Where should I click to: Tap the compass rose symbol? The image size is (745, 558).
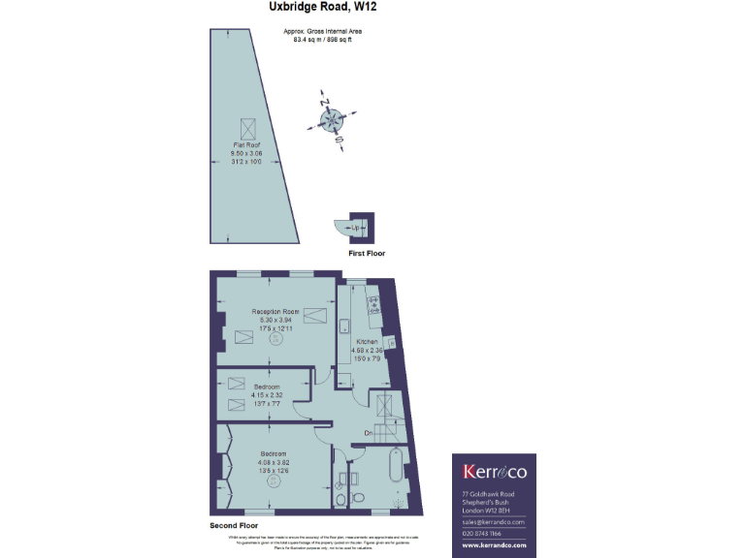pos(332,120)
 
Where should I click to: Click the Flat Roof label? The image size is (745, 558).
pos(245,144)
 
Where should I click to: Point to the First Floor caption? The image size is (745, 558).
pos(367,253)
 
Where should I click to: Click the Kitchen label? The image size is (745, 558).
pos(367,343)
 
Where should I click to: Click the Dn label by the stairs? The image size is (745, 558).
pos(369,433)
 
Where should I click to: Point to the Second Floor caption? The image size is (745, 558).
pos(238,525)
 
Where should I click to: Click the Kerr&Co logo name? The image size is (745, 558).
pos(495,472)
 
